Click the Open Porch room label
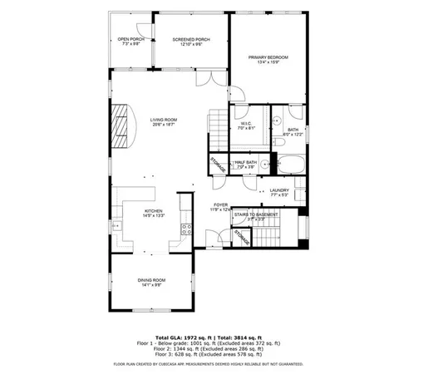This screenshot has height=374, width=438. point(130,41)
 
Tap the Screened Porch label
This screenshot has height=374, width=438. point(190,41)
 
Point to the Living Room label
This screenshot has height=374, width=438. point(163,121)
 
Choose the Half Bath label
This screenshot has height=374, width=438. point(245,165)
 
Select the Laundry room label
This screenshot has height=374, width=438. point(279,192)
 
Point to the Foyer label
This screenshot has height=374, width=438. point(220,206)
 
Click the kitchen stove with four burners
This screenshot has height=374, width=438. point(188,228)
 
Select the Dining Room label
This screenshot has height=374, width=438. point(152,282)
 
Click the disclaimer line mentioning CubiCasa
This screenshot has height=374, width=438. point(219,364)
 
